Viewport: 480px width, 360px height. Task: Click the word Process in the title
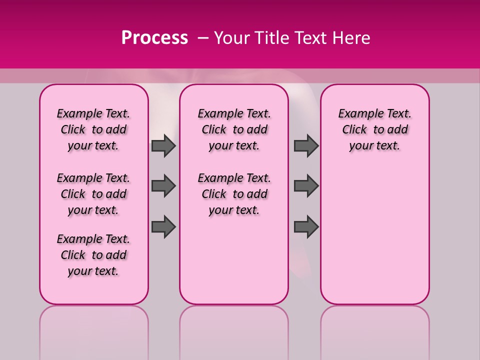[x=154, y=38]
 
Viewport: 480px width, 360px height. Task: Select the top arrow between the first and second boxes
[x=163, y=145]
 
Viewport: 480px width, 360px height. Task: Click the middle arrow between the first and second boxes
[x=163, y=186]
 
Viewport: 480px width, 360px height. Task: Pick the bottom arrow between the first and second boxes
[x=163, y=226]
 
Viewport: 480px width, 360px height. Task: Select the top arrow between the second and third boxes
[x=306, y=145]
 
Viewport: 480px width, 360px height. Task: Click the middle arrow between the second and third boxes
[x=306, y=186]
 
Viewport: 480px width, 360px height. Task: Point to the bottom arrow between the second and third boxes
[x=306, y=226]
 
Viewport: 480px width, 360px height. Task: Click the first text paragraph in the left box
[x=93, y=129]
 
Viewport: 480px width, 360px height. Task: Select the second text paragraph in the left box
[x=93, y=194]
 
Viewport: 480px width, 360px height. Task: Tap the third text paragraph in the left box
[x=93, y=255]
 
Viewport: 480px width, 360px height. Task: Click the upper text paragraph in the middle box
[x=234, y=129]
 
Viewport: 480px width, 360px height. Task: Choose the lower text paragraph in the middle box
[x=234, y=194]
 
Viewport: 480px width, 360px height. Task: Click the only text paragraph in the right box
[x=374, y=129]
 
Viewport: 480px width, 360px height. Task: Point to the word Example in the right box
[x=357, y=113]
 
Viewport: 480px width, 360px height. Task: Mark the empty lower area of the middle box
[x=234, y=260]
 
